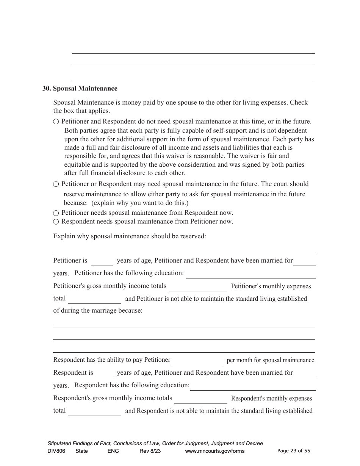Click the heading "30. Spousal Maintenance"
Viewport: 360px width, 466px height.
[80, 89]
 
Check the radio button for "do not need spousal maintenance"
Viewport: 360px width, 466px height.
[56, 122]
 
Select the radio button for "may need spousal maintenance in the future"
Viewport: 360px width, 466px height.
[56, 184]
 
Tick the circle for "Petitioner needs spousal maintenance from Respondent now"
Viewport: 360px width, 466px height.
[56, 213]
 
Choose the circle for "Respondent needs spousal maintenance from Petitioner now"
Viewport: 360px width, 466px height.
[56, 222]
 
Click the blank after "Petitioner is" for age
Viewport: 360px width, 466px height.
[102, 261]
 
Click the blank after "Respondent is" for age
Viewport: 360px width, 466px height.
[103, 374]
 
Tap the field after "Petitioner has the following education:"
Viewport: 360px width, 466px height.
[250, 274]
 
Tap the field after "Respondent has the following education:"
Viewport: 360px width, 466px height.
[253, 386]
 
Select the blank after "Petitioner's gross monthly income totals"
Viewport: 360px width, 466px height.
[198, 287]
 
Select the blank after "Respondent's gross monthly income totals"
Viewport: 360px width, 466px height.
[200, 399]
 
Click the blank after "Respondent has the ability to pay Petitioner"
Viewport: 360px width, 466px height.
[197, 361]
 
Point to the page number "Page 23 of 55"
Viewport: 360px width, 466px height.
[294, 451]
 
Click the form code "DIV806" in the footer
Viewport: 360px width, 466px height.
[55, 451]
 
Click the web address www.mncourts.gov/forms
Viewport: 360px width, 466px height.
[214, 451]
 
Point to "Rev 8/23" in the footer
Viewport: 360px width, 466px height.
[150, 451]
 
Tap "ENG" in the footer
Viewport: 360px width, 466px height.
[113, 451]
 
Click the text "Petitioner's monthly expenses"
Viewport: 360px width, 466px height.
[271, 286]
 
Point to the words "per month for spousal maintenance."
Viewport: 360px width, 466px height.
[271, 360]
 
